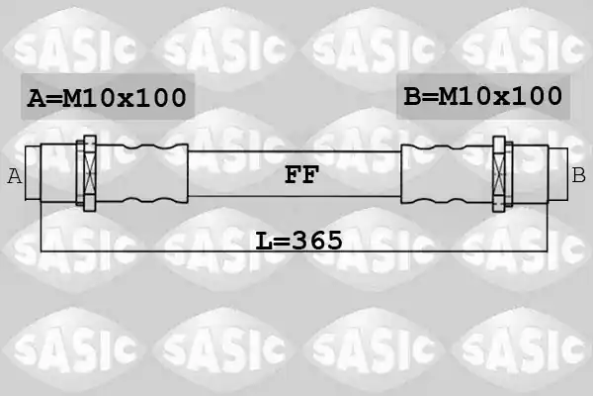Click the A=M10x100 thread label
[107, 98]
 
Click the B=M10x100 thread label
[483, 96]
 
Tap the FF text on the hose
[301, 174]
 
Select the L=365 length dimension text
[298, 241]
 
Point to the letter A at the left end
[15, 176]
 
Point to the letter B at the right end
[578, 175]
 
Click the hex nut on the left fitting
[90, 173]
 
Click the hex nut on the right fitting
[499, 173]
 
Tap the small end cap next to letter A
[33, 173]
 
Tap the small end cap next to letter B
[557, 174]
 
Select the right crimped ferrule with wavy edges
[447, 174]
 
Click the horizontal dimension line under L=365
[294, 251]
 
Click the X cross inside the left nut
[90, 173]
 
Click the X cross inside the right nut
[499, 174]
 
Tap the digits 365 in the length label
[317, 241]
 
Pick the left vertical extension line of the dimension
[41, 227]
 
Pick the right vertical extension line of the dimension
[547, 227]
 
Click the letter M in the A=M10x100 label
[72, 98]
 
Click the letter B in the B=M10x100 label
[412, 96]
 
